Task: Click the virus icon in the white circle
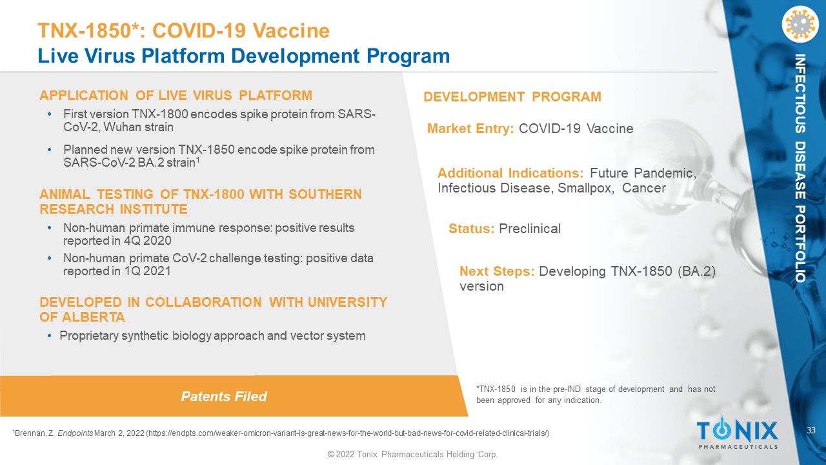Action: [800, 25]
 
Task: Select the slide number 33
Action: [811, 430]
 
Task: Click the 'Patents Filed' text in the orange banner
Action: [224, 397]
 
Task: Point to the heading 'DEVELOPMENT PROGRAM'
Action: [512, 97]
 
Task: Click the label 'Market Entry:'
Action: [470, 129]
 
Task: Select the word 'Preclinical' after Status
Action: [530, 229]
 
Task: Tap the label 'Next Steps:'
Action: [497, 271]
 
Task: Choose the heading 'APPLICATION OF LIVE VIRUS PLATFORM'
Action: [176, 96]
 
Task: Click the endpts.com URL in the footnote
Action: [348, 433]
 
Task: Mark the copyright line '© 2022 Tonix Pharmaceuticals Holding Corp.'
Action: [412, 454]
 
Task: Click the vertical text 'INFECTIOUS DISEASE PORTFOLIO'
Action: [800, 169]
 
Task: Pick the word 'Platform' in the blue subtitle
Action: [183, 56]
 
